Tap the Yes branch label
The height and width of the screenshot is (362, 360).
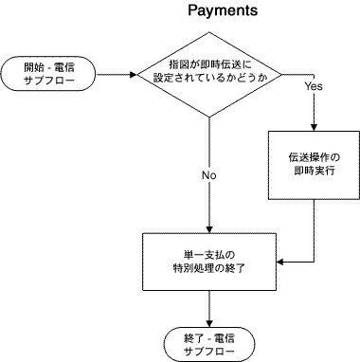point(315,86)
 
